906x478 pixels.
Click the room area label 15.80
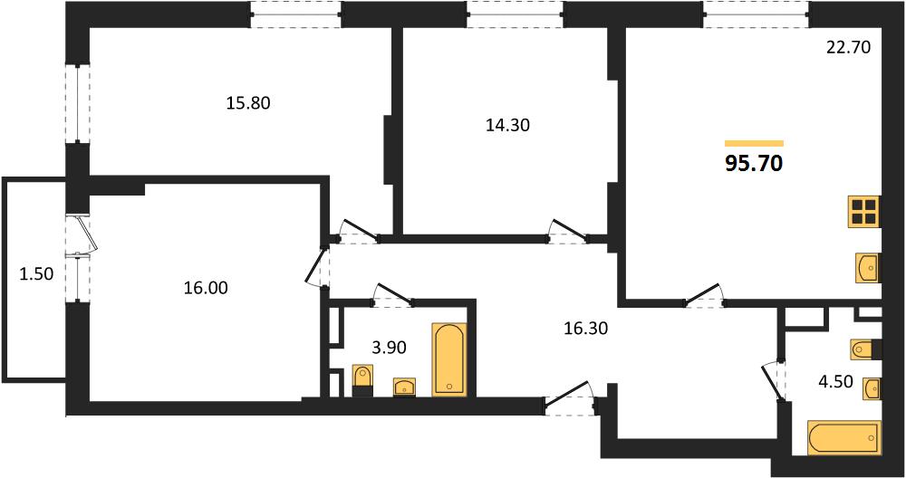coord(248,103)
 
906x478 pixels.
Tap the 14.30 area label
coord(508,125)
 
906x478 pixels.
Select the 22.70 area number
coord(848,47)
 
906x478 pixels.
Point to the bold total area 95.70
coord(754,163)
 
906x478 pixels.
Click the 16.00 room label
coord(206,288)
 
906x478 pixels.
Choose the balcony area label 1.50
coord(36,274)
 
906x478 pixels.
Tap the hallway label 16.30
coord(586,329)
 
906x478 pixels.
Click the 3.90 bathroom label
coord(390,348)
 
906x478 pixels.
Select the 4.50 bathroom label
coord(836,382)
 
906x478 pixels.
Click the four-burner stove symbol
coord(864,211)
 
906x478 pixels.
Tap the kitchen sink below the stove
coord(867,268)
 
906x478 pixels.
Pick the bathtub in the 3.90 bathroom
coord(449,359)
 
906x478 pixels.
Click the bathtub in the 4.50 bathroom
coord(844,438)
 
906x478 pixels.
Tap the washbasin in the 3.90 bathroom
coord(404,387)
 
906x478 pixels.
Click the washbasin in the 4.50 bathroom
coord(872,388)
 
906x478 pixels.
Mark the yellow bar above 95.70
coord(754,144)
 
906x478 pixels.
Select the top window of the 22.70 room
coord(756,14)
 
